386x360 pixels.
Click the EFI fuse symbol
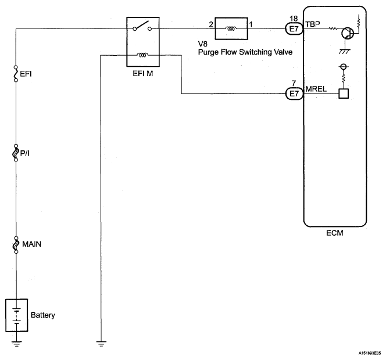coord(16,74)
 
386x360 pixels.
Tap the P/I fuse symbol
coord(16,153)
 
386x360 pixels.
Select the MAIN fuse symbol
coord(16,244)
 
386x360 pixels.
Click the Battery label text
coord(43,315)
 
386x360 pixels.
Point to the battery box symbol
coord(17,315)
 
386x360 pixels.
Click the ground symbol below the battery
coord(16,344)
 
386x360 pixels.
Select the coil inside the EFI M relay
coord(142,55)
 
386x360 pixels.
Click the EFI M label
coord(143,74)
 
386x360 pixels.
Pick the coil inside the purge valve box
coord(231,29)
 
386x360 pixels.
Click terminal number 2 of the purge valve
coord(211,24)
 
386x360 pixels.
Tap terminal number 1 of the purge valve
coord(251,24)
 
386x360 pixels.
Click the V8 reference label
coord(203,44)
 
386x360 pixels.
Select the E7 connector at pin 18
coord(294,29)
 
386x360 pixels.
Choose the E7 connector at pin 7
coord(294,93)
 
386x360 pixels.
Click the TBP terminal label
coord(313,24)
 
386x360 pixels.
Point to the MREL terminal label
coord(316,89)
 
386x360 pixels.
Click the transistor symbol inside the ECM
coord(348,33)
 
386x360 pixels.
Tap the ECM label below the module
coord(334,233)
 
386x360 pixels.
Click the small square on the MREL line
coord(344,93)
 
